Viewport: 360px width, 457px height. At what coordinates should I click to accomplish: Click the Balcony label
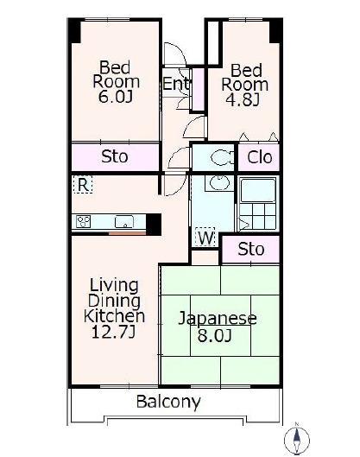(168, 403)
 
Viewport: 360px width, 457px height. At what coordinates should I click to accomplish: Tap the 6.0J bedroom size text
(116, 97)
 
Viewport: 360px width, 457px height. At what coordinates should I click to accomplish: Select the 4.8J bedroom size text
(243, 99)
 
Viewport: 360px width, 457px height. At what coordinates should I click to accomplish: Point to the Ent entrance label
(176, 84)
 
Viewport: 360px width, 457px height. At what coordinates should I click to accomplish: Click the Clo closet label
(260, 157)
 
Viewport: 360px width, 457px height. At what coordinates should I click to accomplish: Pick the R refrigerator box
(83, 184)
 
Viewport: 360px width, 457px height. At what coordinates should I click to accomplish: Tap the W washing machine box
(205, 238)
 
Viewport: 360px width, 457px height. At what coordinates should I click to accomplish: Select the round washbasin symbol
(219, 183)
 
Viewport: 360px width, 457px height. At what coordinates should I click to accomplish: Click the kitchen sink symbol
(124, 222)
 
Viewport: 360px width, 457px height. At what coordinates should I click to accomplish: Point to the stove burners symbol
(83, 221)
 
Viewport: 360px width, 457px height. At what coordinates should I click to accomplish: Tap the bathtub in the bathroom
(257, 190)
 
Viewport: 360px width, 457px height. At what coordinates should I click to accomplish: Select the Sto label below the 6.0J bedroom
(115, 157)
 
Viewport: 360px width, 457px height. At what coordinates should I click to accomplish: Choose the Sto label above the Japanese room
(250, 250)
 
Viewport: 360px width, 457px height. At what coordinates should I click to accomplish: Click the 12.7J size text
(113, 332)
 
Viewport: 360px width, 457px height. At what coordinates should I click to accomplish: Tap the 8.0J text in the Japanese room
(214, 335)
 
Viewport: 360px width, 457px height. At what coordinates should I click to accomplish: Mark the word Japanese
(218, 319)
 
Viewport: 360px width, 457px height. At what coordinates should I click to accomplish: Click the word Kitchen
(114, 316)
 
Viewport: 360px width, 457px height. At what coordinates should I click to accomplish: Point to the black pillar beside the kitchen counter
(154, 224)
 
